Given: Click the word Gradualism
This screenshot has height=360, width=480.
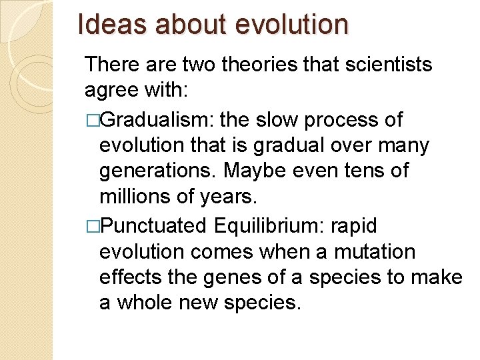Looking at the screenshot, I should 157,120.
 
